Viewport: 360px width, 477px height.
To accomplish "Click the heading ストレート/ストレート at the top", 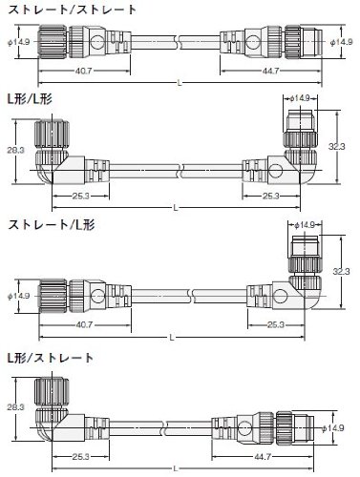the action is tap(73, 10).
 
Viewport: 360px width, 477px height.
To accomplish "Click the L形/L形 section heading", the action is tap(30, 99).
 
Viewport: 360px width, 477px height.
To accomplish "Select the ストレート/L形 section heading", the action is tap(52, 225).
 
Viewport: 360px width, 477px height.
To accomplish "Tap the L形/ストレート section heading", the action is tap(51, 358).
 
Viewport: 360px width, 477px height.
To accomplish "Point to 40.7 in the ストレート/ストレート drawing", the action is tap(84, 71).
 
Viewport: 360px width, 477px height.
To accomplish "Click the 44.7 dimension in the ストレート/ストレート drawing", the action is tap(270, 71).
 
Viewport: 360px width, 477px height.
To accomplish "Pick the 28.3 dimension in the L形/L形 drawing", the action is tap(15, 150).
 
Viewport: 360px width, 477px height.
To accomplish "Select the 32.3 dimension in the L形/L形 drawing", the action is tap(337, 147).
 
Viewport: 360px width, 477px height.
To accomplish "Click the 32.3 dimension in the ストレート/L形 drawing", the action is tap(341, 271).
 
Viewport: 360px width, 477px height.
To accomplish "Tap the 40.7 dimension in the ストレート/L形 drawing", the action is tap(84, 325).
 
